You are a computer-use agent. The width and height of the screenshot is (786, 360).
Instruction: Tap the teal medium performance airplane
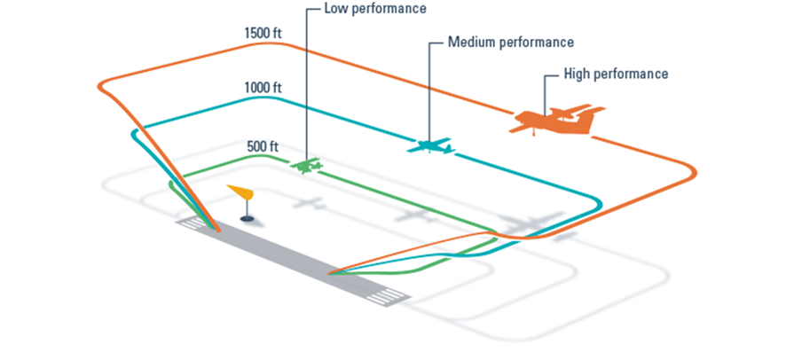pyautogui.click(x=430, y=145)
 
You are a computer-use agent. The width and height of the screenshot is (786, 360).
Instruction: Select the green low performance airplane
pyautogui.click(x=309, y=166)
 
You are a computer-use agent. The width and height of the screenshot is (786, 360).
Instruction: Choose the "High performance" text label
pyautogui.click(x=616, y=74)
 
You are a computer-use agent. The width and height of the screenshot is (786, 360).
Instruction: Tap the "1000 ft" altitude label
pyautogui.click(x=263, y=88)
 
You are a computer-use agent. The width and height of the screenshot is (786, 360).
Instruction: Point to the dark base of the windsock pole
pyautogui.click(x=248, y=218)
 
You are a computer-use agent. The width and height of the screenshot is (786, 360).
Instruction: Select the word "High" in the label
pyautogui.click(x=578, y=74)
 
